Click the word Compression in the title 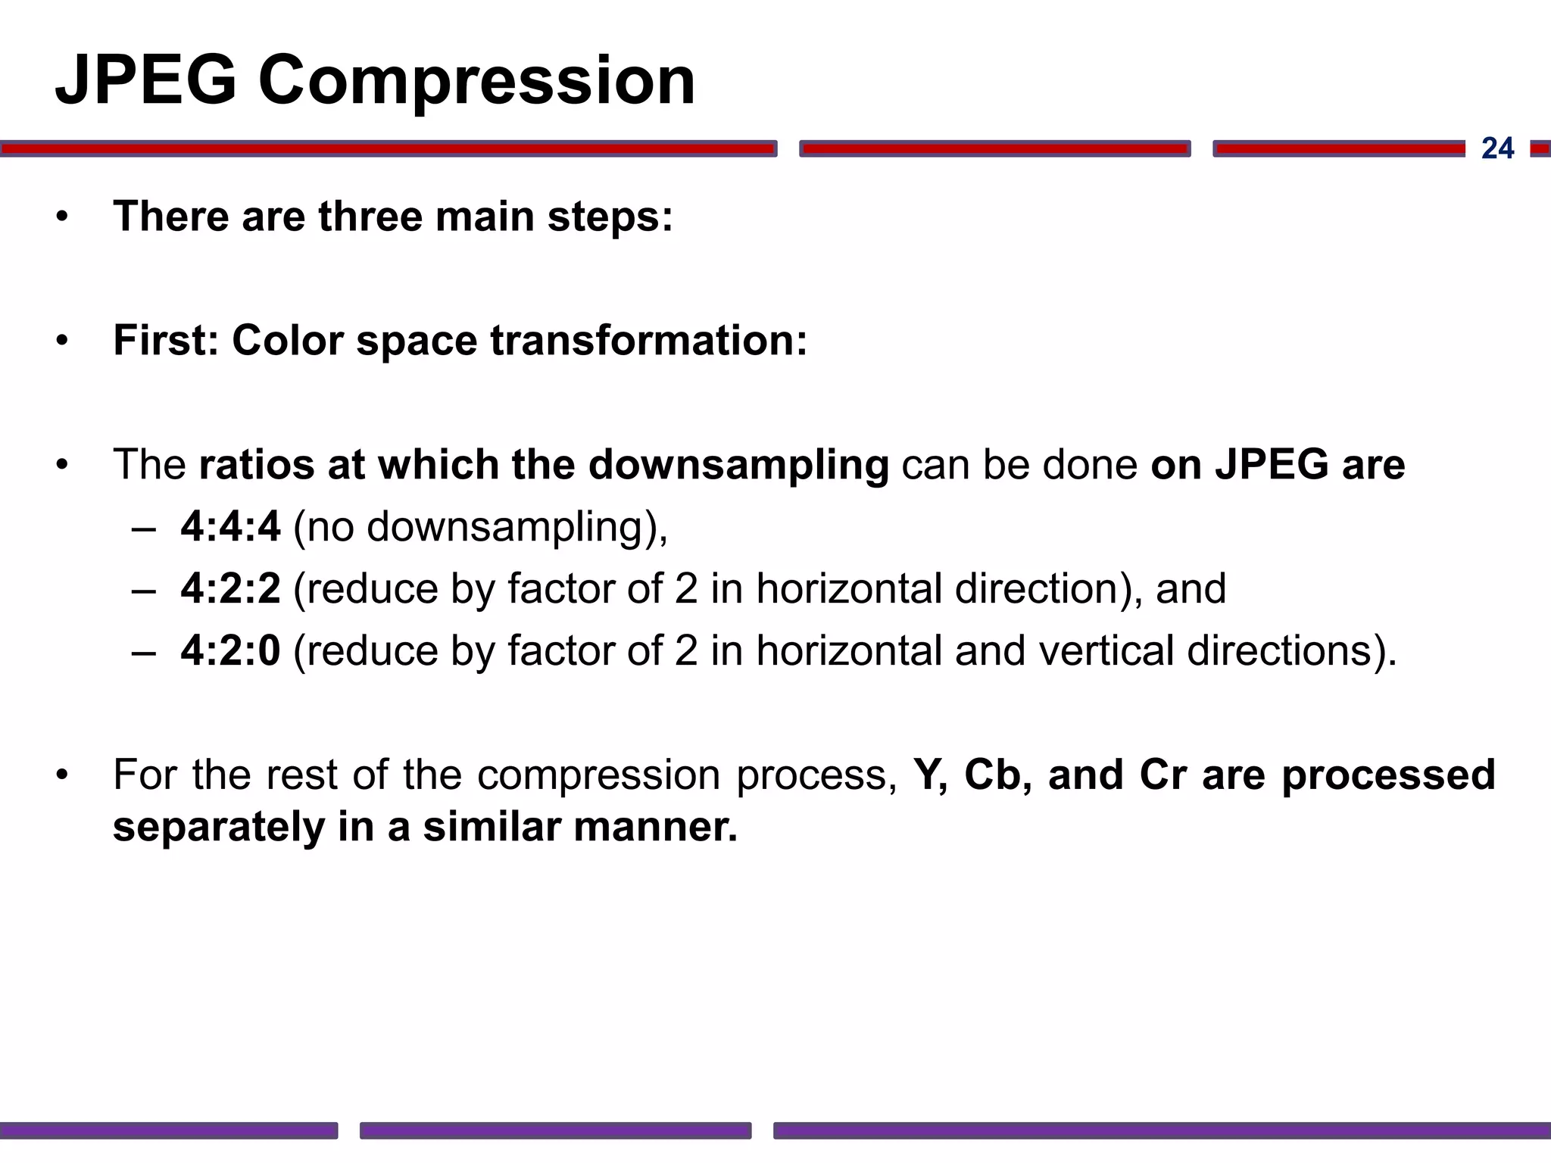[476, 82]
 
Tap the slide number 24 [1497, 148]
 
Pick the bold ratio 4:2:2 [230, 588]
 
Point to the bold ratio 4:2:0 [230, 650]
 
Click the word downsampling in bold [738, 465]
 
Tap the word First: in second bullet [166, 340]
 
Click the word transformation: [649, 340]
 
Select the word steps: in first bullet [610, 217]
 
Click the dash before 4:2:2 [143, 590]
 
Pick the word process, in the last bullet [816, 775]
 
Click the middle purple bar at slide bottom [555, 1130]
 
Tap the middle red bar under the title [994, 148]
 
